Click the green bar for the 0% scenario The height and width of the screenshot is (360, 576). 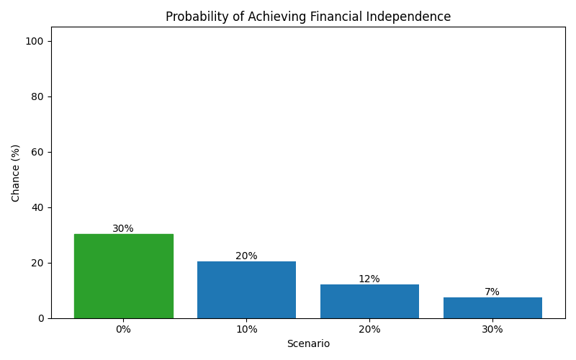(123, 276)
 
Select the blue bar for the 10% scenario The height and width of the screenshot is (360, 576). (246, 289)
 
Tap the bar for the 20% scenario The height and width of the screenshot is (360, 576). (369, 301)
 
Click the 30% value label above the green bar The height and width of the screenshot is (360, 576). (123, 229)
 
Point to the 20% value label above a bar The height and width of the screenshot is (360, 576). (246, 256)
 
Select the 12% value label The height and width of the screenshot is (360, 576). (369, 279)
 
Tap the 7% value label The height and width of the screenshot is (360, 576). (492, 292)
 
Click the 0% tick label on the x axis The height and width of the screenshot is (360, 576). (123, 330)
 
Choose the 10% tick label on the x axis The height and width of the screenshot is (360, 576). (246, 330)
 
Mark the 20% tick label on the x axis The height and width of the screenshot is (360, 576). (369, 330)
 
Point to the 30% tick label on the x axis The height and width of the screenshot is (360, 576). (492, 330)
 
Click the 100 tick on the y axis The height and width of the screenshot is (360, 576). (35, 41)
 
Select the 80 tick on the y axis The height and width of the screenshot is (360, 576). (37, 96)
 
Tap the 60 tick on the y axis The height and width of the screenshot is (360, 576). (37, 152)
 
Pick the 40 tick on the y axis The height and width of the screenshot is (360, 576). (37, 207)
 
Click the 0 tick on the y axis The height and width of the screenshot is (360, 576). (40, 318)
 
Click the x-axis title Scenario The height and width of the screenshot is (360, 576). (308, 344)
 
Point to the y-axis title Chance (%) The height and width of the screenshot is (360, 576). (16, 173)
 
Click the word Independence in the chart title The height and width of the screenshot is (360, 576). (406, 17)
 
